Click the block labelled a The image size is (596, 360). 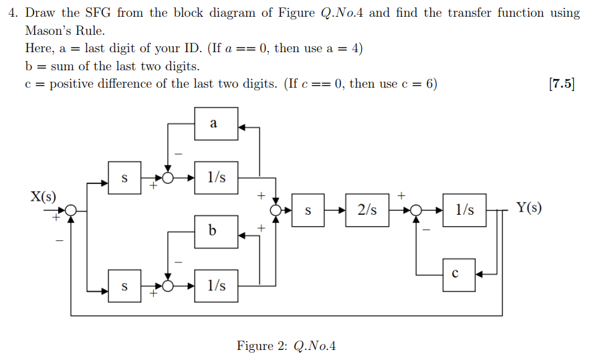[215, 124]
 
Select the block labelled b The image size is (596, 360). [215, 231]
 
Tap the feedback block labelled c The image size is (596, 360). [459, 274]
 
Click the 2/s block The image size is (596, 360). [367, 210]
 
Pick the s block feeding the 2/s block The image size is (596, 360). [308, 210]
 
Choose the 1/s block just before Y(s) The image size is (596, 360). [464, 210]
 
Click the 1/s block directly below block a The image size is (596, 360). [215, 177]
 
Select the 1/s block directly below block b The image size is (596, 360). [215, 286]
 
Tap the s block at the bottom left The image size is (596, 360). [124, 286]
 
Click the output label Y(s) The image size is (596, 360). [529, 207]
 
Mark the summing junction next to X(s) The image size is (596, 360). [72, 210]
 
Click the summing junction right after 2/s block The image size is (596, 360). [417, 210]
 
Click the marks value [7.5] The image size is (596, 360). [561, 84]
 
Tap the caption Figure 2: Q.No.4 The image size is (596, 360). [286, 345]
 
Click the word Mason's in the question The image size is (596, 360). [48, 31]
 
